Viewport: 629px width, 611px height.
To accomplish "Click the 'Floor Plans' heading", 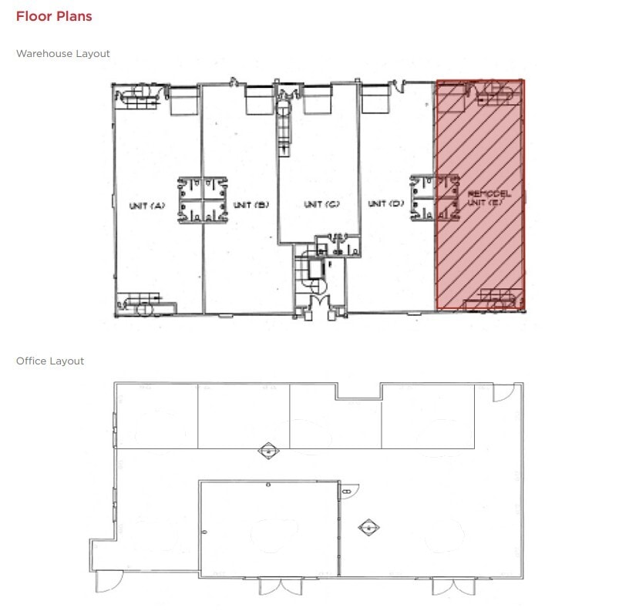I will (x=54, y=16).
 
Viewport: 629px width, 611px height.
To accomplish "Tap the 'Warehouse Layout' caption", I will (x=63, y=54).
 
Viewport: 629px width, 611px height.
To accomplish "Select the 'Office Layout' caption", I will (x=50, y=361).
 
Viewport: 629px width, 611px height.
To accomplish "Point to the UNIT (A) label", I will (x=147, y=205).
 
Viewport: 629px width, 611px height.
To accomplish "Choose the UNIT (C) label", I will (x=321, y=204).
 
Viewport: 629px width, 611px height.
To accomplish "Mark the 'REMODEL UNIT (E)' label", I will (x=485, y=198).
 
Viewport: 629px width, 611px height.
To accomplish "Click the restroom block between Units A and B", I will (x=203, y=200).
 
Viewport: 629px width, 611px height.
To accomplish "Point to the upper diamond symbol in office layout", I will (x=267, y=451).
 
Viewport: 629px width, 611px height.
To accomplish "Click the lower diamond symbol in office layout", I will (x=369, y=528).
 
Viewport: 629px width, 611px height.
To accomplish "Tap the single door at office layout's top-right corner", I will (x=502, y=392).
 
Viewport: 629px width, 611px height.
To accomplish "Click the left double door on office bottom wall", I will (x=281, y=586).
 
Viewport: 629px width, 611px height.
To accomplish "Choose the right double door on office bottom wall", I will (x=454, y=586).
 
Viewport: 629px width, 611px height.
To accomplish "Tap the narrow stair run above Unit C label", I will (x=284, y=123).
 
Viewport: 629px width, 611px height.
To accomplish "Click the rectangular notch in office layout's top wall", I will (x=358, y=391).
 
